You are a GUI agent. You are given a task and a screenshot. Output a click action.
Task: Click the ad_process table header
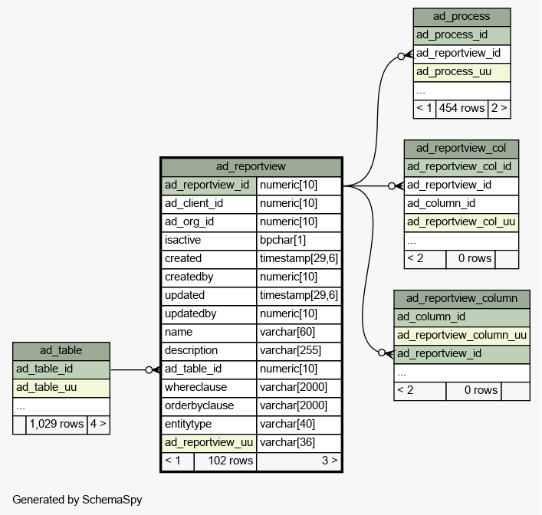[462, 17]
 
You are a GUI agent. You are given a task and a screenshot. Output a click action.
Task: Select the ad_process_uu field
[462, 72]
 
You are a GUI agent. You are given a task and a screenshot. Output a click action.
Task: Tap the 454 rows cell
[462, 109]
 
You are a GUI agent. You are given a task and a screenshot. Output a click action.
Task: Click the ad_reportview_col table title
[462, 149]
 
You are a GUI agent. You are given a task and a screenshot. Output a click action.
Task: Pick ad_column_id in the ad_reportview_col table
[462, 204]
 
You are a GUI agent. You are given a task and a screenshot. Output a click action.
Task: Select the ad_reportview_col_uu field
[462, 222]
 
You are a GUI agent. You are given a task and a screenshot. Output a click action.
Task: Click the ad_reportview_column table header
[462, 299]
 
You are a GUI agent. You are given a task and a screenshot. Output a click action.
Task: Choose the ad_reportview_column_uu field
[462, 336]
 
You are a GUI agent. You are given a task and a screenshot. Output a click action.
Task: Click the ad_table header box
[61, 351]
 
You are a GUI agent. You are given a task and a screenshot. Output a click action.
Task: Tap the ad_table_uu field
[61, 388]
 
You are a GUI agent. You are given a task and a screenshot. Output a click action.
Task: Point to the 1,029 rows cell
[57, 425]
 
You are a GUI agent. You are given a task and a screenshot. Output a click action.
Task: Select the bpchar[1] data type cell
[299, 241]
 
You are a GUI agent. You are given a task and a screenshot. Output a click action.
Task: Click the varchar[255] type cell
[299, 351]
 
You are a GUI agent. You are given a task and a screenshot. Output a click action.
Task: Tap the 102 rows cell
[225, 461]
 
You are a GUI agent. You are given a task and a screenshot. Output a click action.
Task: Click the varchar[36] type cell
[299, 443]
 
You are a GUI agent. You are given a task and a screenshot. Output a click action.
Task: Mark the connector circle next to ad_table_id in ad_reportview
[149, 370]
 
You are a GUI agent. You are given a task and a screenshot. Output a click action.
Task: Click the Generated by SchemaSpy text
[77, 500]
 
